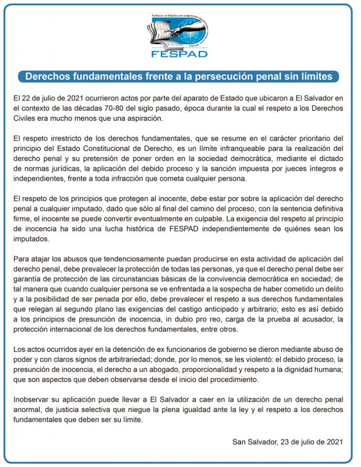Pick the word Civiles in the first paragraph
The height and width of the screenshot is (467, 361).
click(x=26, y=119)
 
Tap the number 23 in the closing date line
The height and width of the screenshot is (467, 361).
click(x=282, y=441)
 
